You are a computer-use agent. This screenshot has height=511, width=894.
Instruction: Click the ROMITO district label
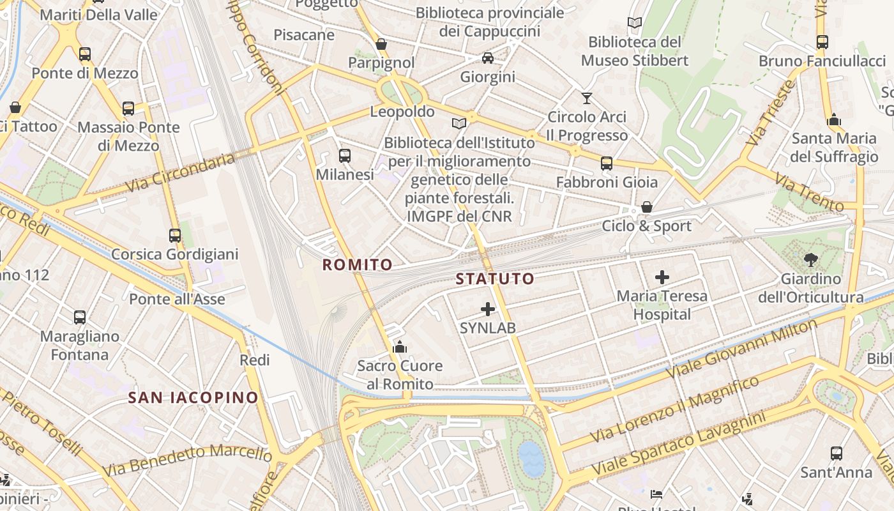[357, 264]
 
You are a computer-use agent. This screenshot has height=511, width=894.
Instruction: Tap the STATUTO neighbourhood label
[495, 278]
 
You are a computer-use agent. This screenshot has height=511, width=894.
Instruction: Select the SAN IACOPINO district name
[193, 397]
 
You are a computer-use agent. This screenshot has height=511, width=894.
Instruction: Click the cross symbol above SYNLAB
[488, 310]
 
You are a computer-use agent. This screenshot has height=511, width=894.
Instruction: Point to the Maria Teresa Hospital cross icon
[662, 277]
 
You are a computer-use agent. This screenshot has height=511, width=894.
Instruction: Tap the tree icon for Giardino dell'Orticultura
[810, 260]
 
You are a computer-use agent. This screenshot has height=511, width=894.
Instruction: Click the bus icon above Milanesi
[345, 155]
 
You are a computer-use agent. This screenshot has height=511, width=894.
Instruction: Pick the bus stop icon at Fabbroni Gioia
[607, 164]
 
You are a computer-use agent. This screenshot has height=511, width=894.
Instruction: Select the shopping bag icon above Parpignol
[381, 44]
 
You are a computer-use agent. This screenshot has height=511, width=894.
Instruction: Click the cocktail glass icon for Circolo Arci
[587, 98]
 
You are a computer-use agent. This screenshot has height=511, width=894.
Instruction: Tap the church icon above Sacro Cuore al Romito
[400, 347]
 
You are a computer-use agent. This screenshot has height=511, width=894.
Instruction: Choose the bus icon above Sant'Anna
[837, 454]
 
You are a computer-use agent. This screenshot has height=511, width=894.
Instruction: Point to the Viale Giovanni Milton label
[741, 348]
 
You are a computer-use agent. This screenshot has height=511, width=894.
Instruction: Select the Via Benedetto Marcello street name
[186, 459]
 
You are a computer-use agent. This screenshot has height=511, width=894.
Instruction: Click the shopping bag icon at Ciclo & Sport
[647, 207]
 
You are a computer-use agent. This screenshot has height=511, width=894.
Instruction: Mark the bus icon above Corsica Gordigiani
[175, 236]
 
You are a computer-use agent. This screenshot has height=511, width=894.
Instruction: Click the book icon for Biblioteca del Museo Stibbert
[634, 24]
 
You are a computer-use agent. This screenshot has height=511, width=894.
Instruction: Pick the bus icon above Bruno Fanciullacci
[822, 42]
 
